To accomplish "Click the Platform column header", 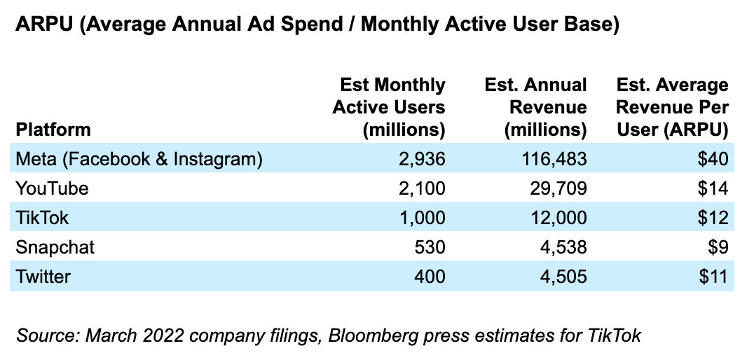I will tap(53, 130).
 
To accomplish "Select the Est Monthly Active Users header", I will tap(389, 107).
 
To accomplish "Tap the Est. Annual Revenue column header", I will tap(536, 107).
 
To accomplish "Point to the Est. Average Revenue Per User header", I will tap(673, 107).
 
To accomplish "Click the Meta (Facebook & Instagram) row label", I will tap(139, 159).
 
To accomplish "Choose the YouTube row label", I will tap(53, 188).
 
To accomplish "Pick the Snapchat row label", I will tap(55, 247).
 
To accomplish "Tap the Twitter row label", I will tap(43, 277).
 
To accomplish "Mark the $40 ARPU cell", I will tap(713, 159).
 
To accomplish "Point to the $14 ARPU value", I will tap(713, 188).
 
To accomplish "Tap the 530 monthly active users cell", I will tap(430, 247).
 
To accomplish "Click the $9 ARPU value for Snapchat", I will tap(718, 247).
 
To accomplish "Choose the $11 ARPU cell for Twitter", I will tap(713, 277).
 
